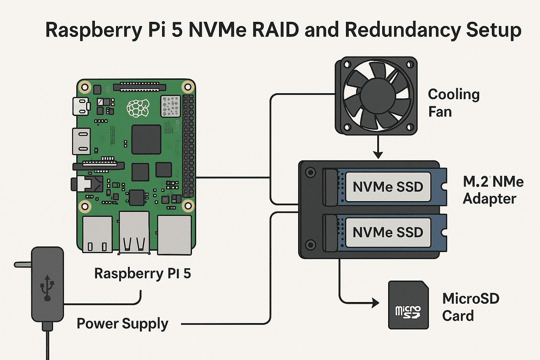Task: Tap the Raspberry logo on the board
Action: [x=138, y=108]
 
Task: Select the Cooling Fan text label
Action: [x=453, y=103]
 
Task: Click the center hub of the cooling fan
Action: [x=377, y=96]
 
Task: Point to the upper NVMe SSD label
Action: [x=388, y=187]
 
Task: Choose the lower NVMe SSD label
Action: [x=388, y=232]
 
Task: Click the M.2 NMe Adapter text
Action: [x=493, y=190]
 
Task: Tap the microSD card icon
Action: [x=408, y=305]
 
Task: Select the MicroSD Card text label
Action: [x=470, y=307]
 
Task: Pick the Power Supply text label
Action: [x=122, y=323]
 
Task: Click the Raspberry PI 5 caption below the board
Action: [x=142, y=274]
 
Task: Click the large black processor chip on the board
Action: [x=146, y=140]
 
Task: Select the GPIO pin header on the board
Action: [x=188, y=146]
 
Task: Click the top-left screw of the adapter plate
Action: [x=310, y=172]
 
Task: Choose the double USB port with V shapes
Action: [x=134, y=232]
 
